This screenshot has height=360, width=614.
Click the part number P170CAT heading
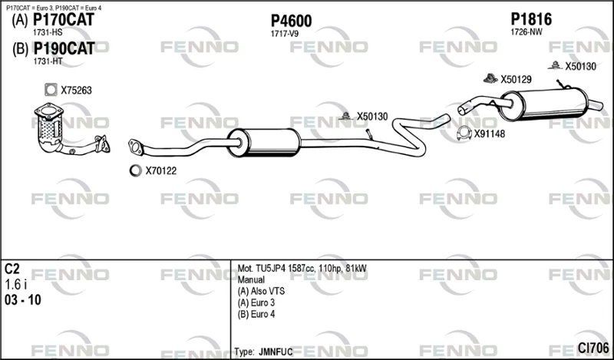[64, 20]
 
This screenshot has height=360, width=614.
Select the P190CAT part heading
[64, 48]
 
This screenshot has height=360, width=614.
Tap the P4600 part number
[292, 21]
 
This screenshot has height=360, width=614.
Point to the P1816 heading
[531, 19]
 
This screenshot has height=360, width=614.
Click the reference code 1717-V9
[284, 34]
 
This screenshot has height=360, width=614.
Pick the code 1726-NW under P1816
[527, 32]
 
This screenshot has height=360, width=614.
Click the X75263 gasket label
[76, 91]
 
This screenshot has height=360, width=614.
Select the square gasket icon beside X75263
[51, 90]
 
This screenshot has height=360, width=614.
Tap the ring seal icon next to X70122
[135, 170]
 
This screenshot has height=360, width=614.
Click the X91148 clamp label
[490, 134]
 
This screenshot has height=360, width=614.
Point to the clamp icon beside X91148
[464, 134]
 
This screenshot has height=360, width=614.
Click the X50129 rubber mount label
[516, 80]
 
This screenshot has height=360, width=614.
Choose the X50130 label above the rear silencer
[580, 67]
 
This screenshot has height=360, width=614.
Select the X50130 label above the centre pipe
[372, 117]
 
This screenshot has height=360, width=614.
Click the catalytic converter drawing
[49, 127]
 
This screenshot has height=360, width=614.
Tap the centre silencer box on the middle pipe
[264, 143]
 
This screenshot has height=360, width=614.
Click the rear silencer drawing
[543, 104]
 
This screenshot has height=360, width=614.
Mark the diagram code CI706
[593, 348]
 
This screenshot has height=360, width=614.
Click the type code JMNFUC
[276, 352]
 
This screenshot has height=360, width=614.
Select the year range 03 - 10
[23, 300]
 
